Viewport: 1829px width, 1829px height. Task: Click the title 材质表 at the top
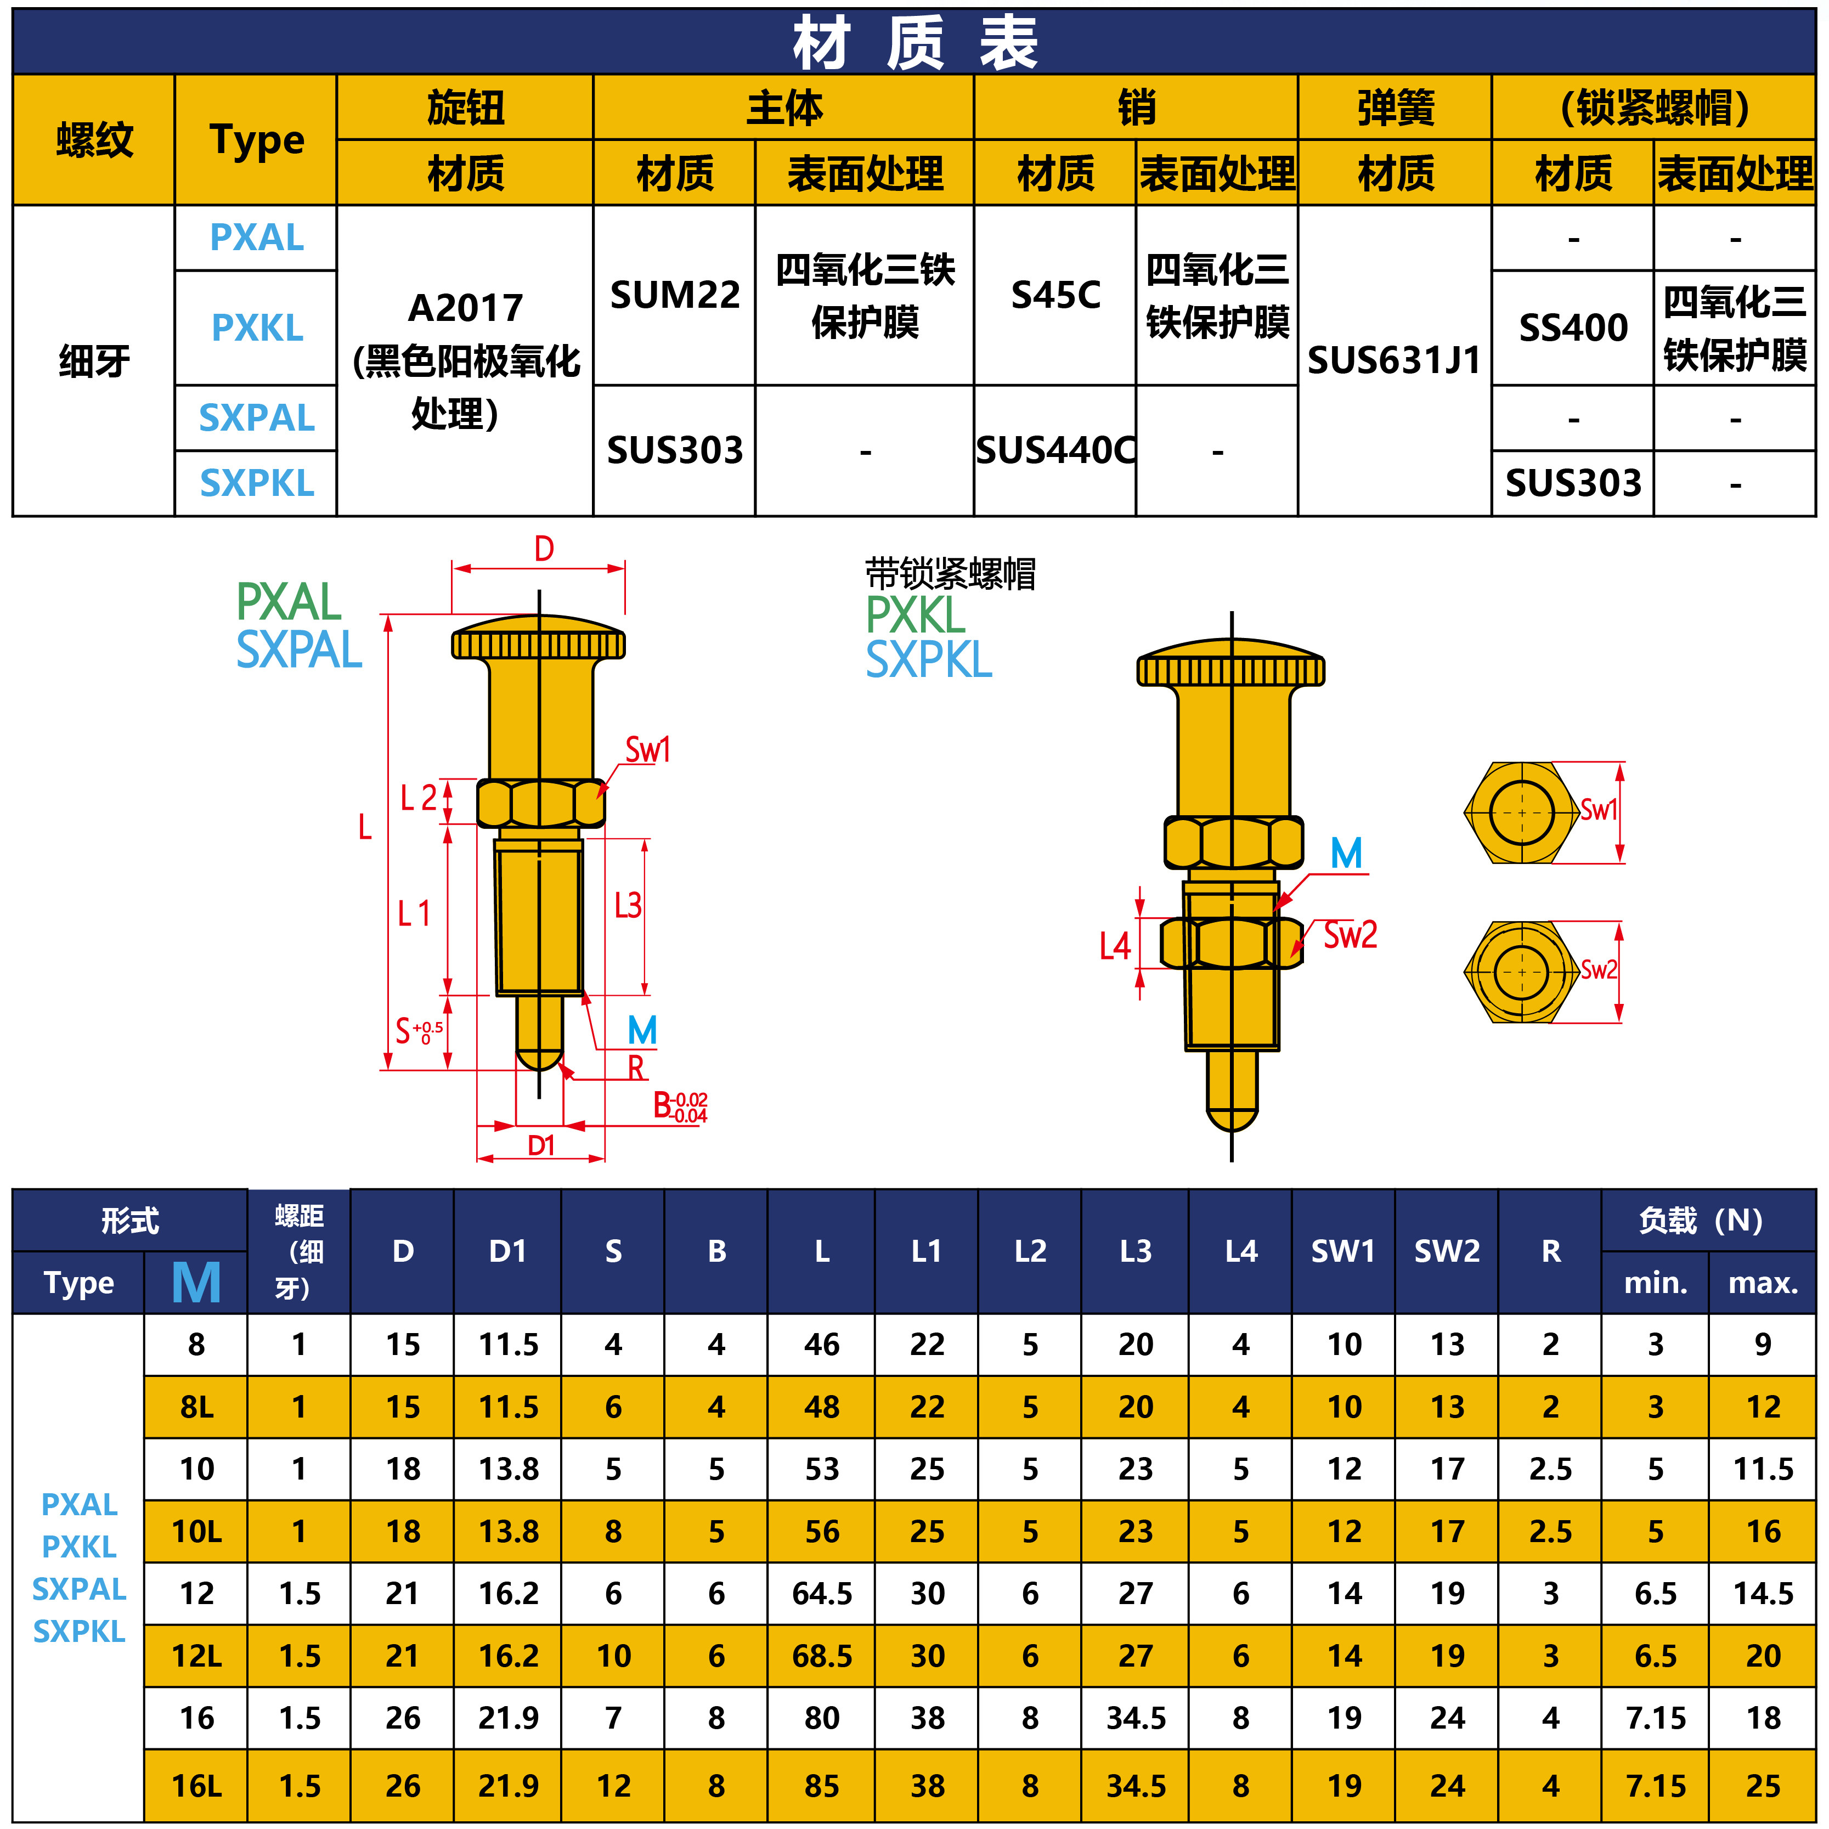point(914,43)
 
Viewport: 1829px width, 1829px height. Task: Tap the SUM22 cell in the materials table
point(674,295)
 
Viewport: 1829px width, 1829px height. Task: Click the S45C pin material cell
point(1054,295)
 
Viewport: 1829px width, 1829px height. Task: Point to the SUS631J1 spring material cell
point(1393,360)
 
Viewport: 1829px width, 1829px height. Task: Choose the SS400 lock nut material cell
point(1572,328)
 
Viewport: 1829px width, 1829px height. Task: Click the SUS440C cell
point(1054,450)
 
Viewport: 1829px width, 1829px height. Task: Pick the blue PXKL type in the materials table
point(257,328)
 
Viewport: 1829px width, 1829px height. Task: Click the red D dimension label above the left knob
point(544,549)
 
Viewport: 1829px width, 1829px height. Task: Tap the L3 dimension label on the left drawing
point(628,906)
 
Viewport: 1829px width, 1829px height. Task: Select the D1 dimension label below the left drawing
point(540,1145)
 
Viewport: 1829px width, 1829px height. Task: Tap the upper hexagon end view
point(1521,812)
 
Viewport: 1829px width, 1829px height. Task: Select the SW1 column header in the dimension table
point(1342,1251)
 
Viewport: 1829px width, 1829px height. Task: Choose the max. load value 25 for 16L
point(1763,1786)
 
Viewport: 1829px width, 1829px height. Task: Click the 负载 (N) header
point(1701,1220)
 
